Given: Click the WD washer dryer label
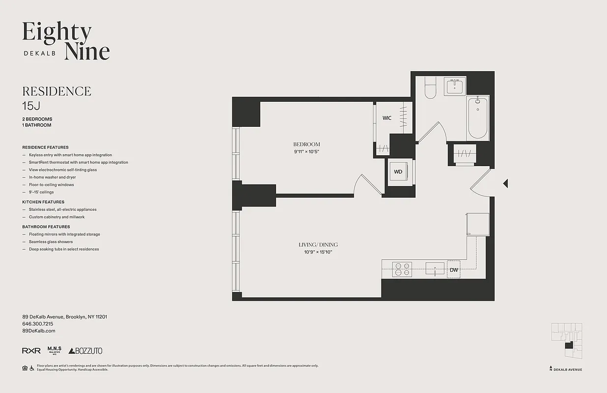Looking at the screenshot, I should (x=398, y=172).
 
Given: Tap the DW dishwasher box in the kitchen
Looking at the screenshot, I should (x=453, y=270).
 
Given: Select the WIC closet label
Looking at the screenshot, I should (x=387, y=118).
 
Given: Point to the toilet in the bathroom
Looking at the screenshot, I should (x=430, y=88).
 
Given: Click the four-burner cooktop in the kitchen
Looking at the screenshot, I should (x=402, y=270).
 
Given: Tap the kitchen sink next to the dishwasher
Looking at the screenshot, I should (x=435, y=269).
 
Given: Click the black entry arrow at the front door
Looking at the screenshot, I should (x=505, y=183).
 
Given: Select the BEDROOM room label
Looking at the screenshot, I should (x=306, y=144).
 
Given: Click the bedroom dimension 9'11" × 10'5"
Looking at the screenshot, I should (x=306, y=152).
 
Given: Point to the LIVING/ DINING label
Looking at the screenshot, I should (x=318, y=245).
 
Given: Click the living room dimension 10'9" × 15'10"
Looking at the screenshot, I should (x=318, y=252).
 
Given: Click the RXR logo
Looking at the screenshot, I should (x=31, y=351).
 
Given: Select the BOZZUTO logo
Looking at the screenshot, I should (x=85, y=351).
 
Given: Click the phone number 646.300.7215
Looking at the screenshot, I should (x=38, y=324).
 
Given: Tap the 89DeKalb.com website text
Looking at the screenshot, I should (x=39, y=331).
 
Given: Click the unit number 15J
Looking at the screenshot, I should (x=31, y=105).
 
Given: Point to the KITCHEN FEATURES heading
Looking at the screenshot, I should (x=43, y=202).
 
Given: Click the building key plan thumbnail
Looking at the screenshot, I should (x=566, y=342).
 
